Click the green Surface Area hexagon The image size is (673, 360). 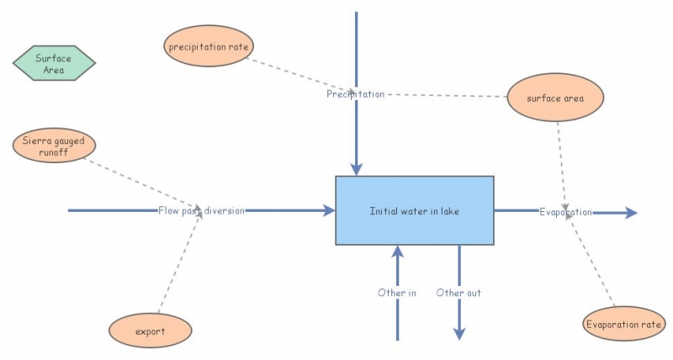(x=55, y=63)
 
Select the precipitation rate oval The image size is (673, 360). (x=208, y=47)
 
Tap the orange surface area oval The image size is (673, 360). (x=555, y=98)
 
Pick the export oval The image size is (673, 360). (x=151, y=331)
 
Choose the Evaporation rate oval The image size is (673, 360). (x=624, y=324)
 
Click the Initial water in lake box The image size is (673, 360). (x=415, y=210)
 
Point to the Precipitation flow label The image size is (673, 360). (x=356, y=94)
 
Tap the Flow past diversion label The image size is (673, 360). (x=201, y=210)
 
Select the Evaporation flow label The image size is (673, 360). (x=565, y=212)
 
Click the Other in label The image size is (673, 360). (x=397, y=293)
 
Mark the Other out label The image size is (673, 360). (x=458, y=293)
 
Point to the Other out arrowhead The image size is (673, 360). (x=459, y=334)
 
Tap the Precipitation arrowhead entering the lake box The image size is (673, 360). (x=356, y=169)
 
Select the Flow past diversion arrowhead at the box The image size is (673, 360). (x=329, y=210)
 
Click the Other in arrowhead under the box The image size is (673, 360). (x=398, y=250)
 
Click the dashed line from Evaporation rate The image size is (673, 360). (x=592, y=261)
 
